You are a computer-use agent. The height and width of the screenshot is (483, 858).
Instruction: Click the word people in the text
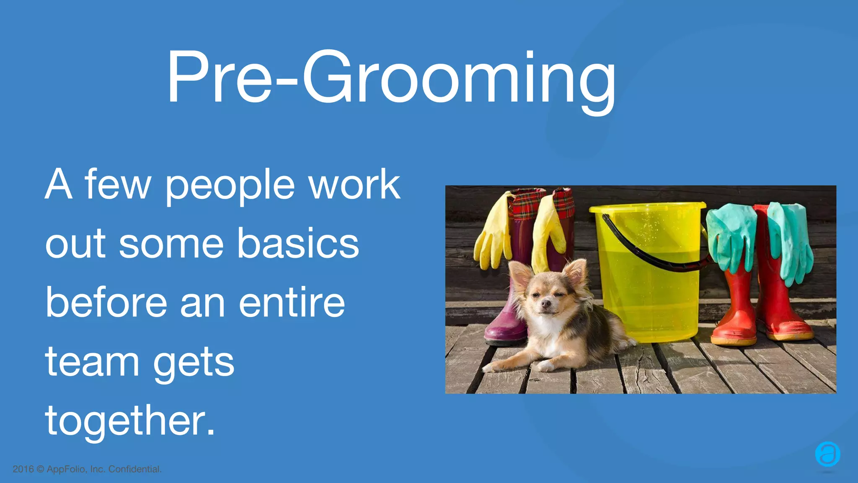[x=230, y=185]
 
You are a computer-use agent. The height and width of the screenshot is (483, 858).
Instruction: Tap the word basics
[x=298, y=244]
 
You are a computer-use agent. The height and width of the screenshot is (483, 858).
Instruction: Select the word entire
[x=292, y=303]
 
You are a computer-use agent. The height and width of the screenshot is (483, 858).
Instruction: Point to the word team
[x=92, y=362]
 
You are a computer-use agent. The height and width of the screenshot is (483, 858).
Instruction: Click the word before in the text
[x=106, y=303]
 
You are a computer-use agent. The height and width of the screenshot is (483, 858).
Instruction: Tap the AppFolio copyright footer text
[x=87, y=469]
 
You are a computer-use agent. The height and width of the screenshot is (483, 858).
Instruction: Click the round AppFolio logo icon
[x=827, y=454]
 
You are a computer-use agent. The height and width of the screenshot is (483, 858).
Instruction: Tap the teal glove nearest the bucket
[x=731, y=239]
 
